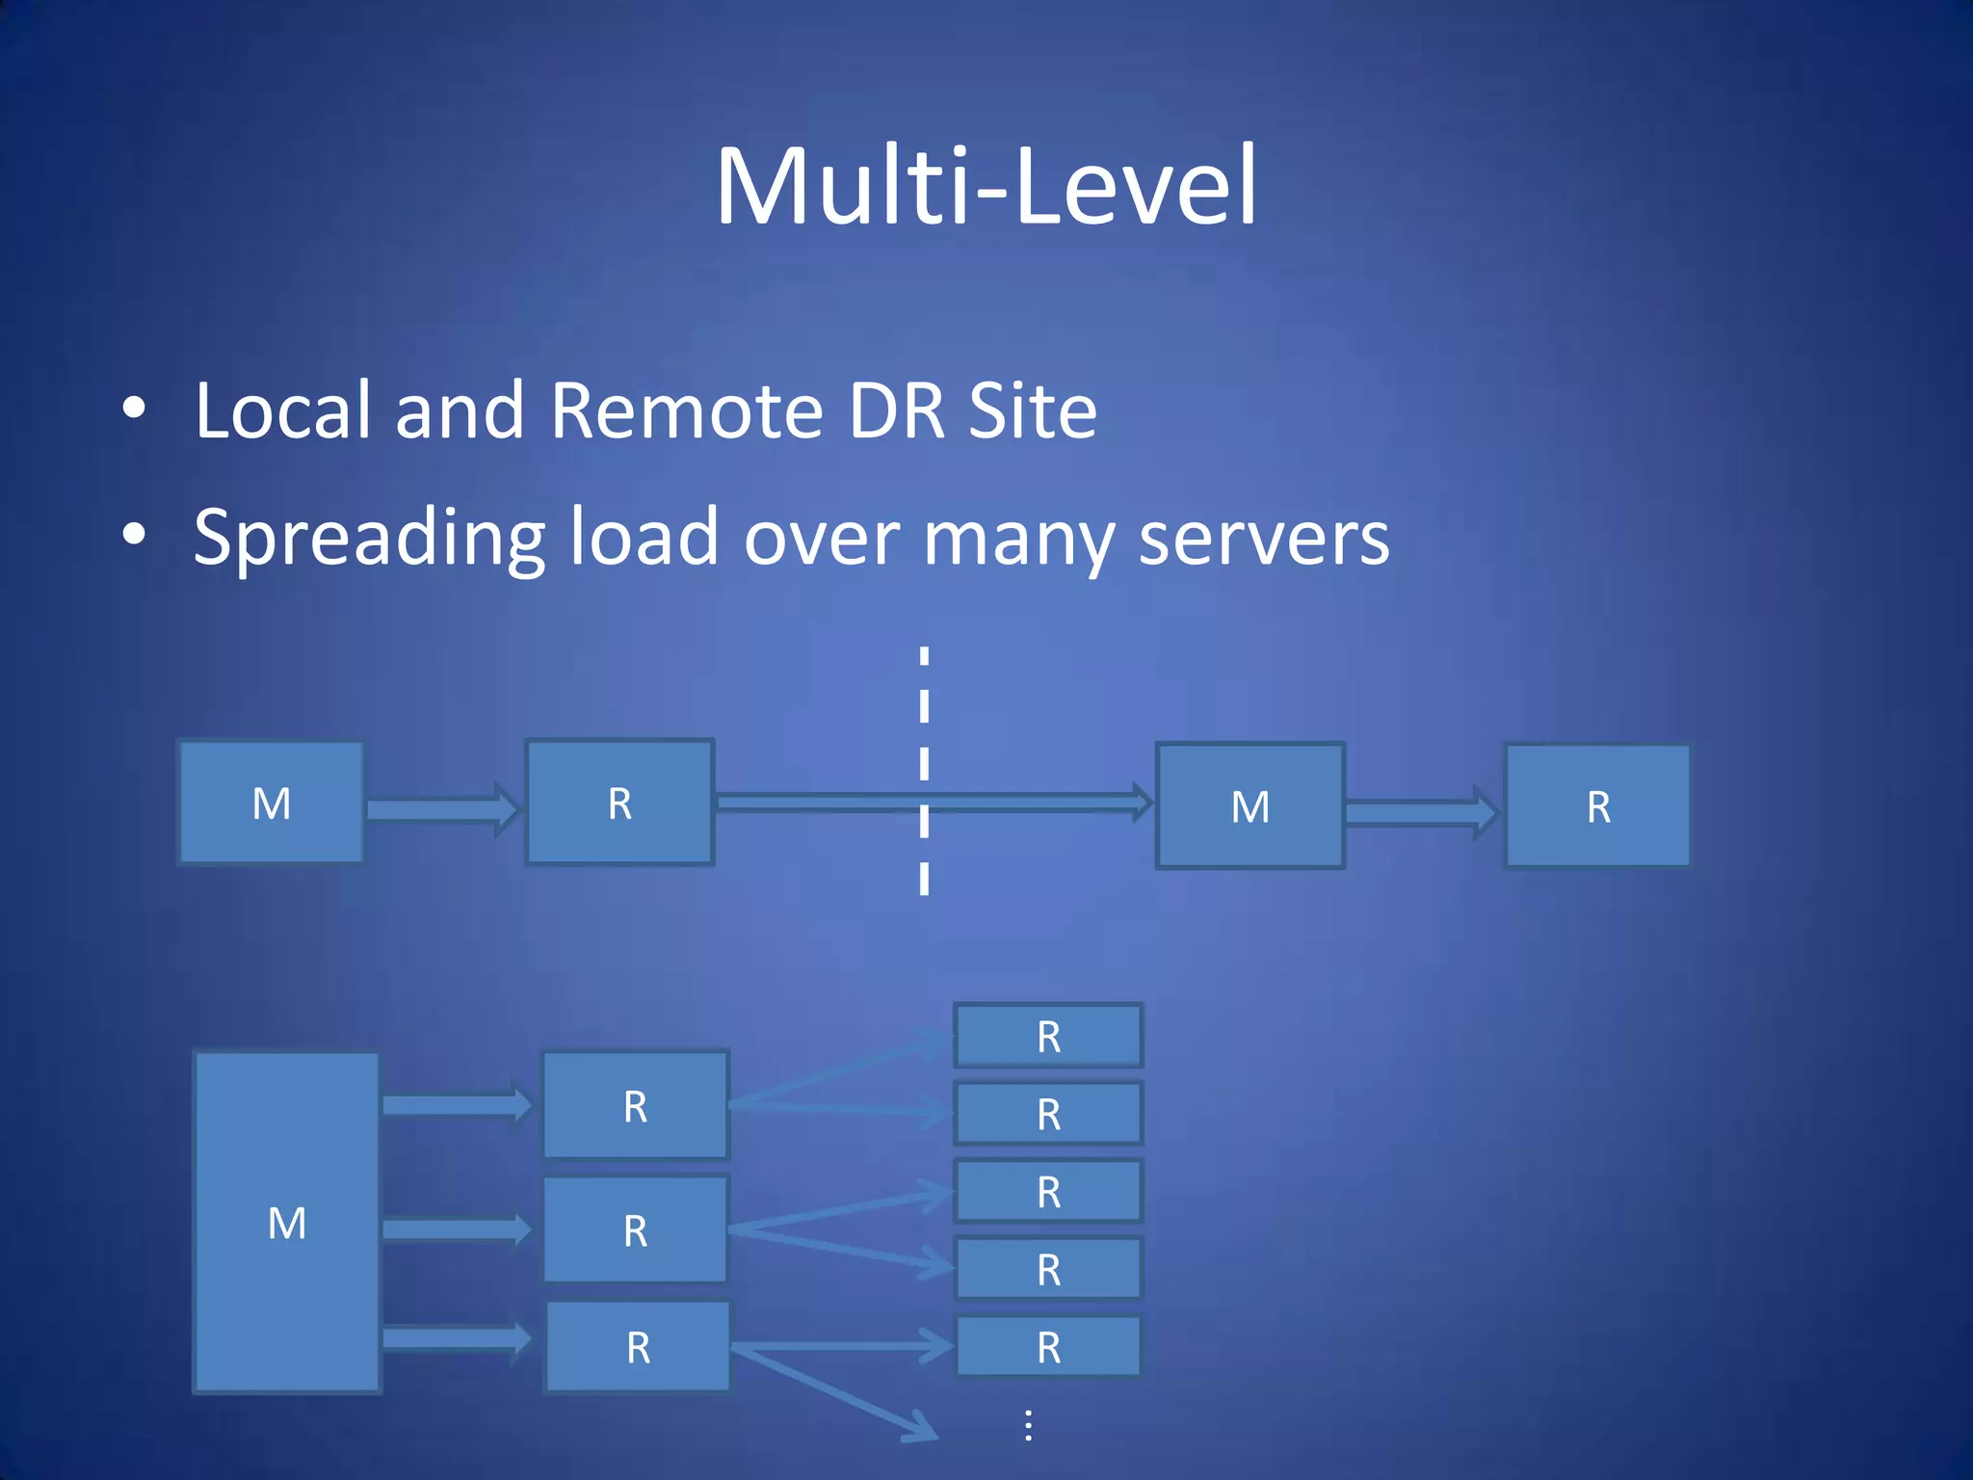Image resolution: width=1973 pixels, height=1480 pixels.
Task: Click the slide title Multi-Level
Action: [x=986, y=185]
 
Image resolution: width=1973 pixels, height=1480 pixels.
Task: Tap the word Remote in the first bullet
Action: [x=685, y=411]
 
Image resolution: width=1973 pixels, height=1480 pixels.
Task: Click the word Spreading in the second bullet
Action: [x=370, y=538]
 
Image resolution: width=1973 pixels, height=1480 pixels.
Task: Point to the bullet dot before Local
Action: [x=134, y=409]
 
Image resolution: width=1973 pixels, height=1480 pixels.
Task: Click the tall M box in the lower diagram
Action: [x=287, y=1222]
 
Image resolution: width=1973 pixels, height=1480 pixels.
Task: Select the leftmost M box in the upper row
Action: [x=272, y=803]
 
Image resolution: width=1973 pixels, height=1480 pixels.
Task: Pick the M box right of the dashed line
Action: [x=1250, y=806]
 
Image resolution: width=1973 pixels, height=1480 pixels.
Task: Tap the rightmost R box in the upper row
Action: [x=1597, y=806]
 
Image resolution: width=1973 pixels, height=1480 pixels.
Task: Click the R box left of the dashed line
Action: [x=619, y=803]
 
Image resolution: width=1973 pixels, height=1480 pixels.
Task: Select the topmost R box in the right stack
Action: [x=1048, y=1036]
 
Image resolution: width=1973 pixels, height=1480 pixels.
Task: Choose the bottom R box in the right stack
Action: [x=1048, y=1346]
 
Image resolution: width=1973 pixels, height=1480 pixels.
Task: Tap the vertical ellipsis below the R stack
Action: [x=1029, y=1425]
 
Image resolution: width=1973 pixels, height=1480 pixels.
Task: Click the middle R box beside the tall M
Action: [x=635, y=1230]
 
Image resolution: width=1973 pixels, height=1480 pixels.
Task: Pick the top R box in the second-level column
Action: [x=635, y=1105]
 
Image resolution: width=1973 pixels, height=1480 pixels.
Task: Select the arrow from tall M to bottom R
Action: [x=455, y=1337]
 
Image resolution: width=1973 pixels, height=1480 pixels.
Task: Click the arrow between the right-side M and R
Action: [x=1421, y=812]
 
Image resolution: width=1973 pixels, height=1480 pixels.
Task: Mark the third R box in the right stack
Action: [x=1048, y=1192]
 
